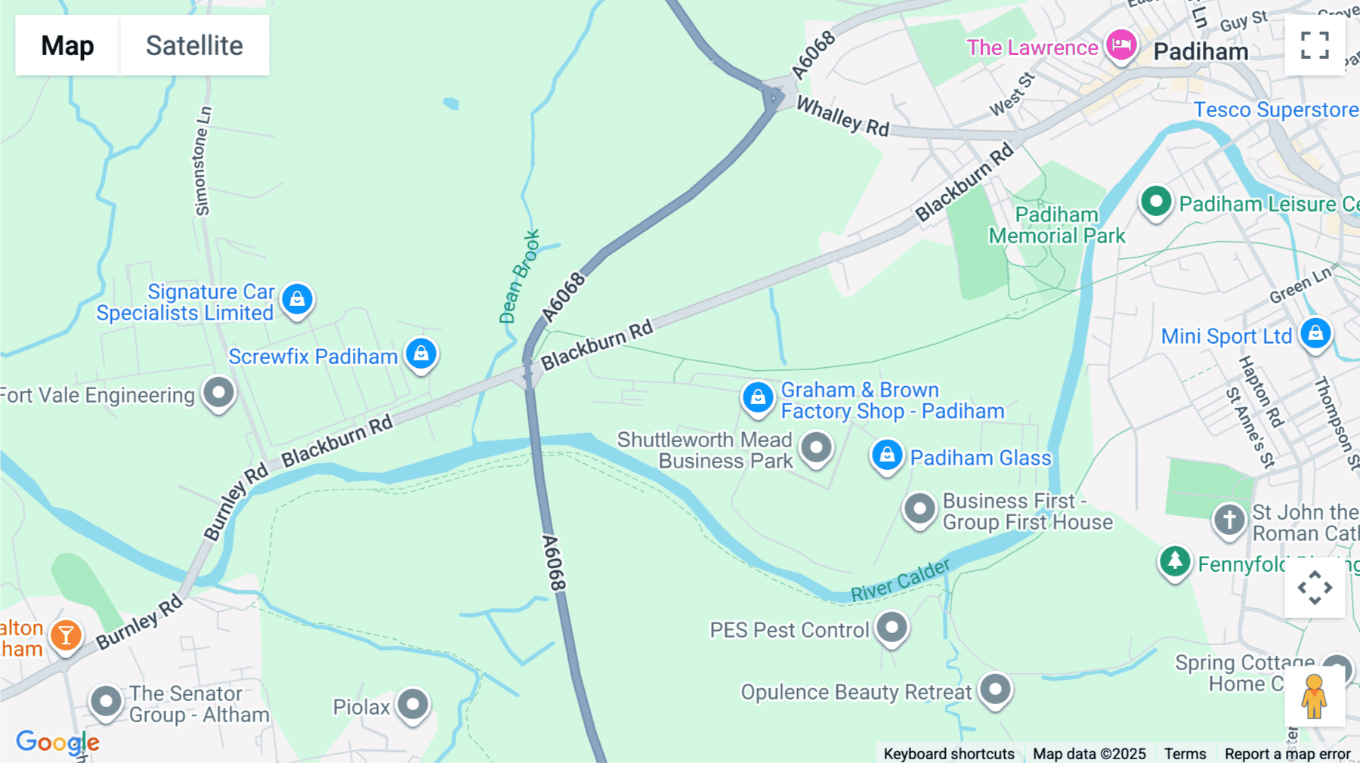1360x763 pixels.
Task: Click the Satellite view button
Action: click(x=194, y=45)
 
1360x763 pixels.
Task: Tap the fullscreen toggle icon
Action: click(x=1315, y=45)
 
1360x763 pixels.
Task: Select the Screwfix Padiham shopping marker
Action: click(x=421, y=354)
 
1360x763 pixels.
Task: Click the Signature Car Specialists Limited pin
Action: click(x=298, y=299)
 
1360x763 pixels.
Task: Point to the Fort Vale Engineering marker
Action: click(x=219, y=393)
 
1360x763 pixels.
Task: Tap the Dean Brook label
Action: click(x=520, y=276)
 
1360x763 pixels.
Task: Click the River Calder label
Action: click(x=901, y=580)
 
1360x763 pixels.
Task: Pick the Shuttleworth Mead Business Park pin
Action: click(x=816, y=447)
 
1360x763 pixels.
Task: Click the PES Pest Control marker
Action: click(x=892, y=627)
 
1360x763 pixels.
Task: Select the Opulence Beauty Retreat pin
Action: click(x=996, y=689)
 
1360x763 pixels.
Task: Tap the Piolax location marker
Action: click(x=413, y=704)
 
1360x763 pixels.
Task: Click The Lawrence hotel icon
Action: click(x=1121, y=45)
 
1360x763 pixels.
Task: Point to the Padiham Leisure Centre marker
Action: click(x=1156, y=202)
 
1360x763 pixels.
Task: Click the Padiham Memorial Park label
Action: click(x=1057, y=225)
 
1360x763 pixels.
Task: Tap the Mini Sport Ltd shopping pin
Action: click(x=1315, y=333)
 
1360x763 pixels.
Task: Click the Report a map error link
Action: click(x=1287, y=754)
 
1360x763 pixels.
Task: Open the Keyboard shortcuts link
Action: click(x=949, y=754)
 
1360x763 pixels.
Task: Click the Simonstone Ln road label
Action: click(x=202, y=161)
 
